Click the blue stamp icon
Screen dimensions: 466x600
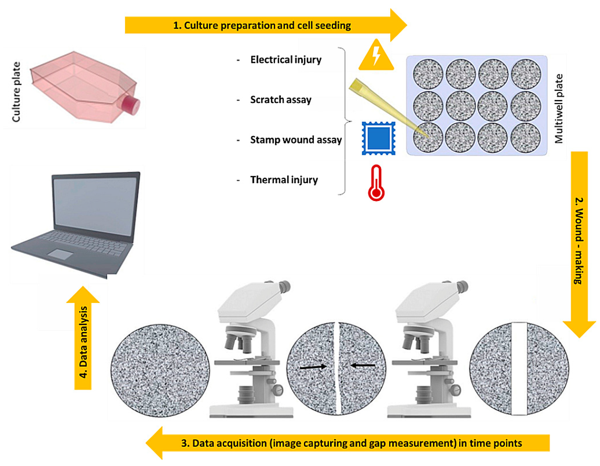coord(378,138)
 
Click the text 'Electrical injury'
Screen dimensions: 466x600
coord(286,60)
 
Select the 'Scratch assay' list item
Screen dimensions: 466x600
coord(280,99)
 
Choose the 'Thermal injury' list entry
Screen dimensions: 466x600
coord(284,180)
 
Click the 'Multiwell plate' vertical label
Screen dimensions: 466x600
coord(559,108)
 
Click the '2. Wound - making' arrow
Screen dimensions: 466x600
coord(579,242)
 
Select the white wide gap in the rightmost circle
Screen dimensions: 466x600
coord(519,368)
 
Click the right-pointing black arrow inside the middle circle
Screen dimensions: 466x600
coord(313,367)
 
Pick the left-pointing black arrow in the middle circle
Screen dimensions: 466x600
coord(363,365)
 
